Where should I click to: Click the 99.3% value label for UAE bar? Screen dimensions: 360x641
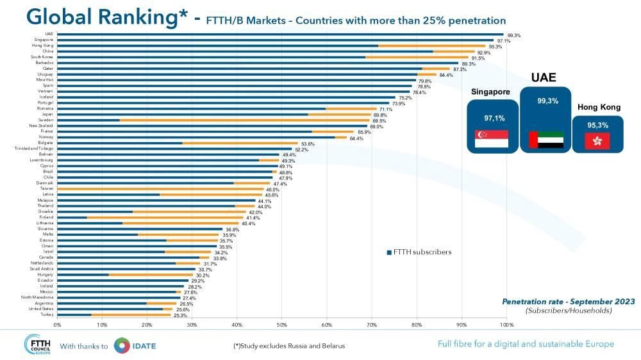[x=513, y=35]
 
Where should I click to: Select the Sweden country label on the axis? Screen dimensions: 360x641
[x=46, y=120]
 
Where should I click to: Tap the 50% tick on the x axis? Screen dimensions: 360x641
[x=281, y=325]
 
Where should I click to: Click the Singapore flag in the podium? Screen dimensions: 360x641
[x=491, y=140]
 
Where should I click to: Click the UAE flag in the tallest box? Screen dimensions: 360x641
[x=545, y=140]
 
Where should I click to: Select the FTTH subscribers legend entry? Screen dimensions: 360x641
[x=419, y=252]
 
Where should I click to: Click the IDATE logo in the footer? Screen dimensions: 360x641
[x=135, y=345]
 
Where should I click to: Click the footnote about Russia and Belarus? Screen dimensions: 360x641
[x=289, y=346]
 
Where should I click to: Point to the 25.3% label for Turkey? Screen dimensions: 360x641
[x=180, y=315]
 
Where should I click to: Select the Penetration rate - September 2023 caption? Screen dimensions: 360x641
[x=568, y=301]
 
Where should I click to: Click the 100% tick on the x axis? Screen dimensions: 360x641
[x=506, y=325]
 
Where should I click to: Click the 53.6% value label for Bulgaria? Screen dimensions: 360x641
[x=308, y=143]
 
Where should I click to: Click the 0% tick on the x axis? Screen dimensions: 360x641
[x=57, y=325]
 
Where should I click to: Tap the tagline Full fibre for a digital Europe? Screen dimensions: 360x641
[x=526, y=344]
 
